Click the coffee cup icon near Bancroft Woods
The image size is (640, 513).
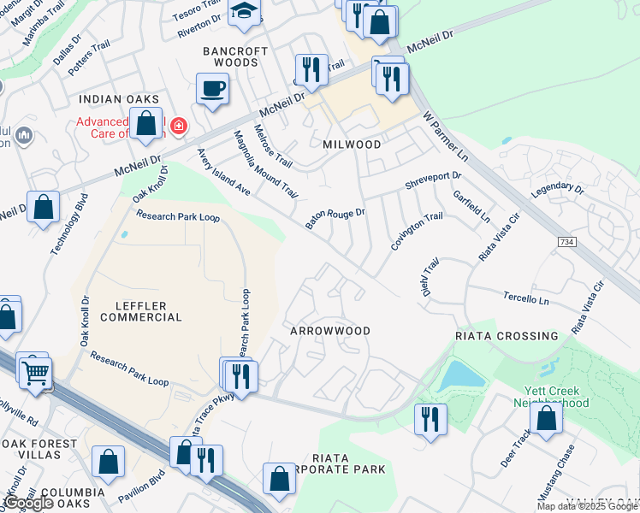tap(211, 88)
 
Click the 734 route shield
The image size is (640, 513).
tap(567, 243)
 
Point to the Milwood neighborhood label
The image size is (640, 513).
tap(352, 144)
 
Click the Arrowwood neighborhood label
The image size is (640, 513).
tap(330, 331)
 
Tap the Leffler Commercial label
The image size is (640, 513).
tap(141, 311)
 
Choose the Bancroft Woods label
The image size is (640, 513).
tap(235, 56)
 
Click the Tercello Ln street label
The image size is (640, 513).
tap(526, 300)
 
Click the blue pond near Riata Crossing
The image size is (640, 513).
tap(460, 375)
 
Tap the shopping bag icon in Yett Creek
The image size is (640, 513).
tap(546, 419)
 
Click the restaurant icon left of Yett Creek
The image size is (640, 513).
tap(429, 419)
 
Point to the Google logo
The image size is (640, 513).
tap(28, 504)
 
